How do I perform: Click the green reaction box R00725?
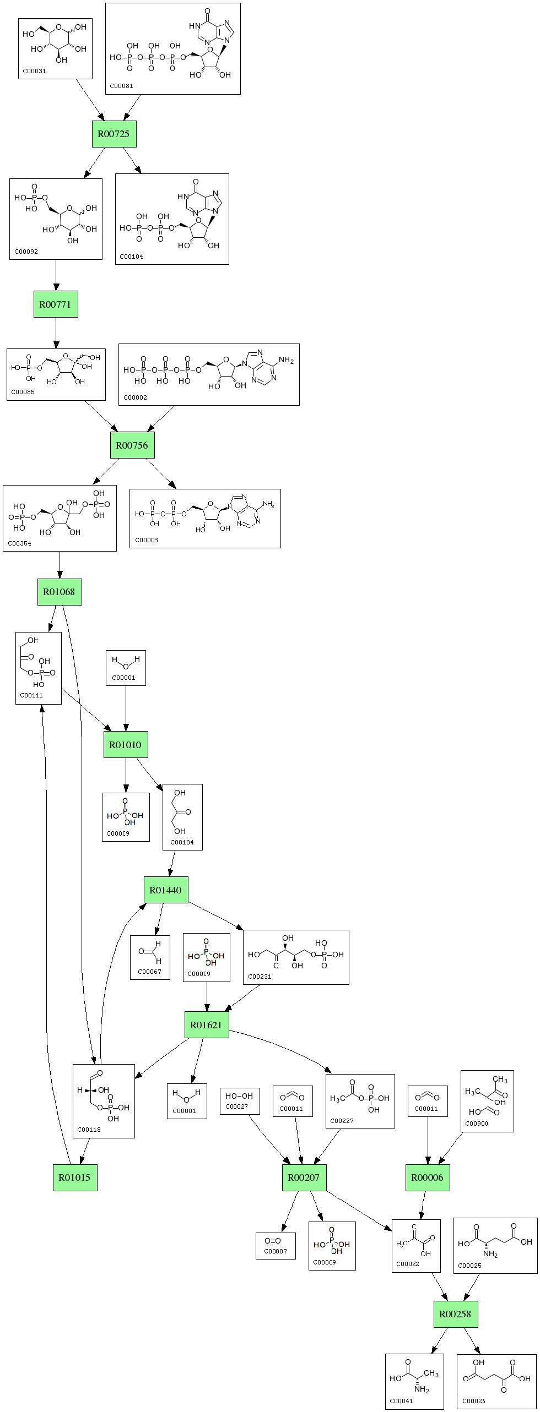(114, 134)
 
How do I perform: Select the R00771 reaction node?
(56, 304)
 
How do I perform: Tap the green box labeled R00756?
(132, 445)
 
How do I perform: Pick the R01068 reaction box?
(60, 592)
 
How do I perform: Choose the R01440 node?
(166, 890)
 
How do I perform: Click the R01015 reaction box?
(75, 1177)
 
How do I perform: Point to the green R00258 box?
(455, 1313)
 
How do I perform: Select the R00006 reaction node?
(428, 1177)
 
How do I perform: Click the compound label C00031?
(34, 71)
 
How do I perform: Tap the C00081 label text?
(121, 86)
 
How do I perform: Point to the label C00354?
(19, 543)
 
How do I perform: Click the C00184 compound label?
(182, 842)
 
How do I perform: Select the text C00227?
(342, 1120)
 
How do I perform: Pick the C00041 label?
(401, 1400)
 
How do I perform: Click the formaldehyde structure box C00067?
(150, 957)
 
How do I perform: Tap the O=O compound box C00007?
(276, 1246)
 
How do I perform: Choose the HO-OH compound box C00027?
(239, 1101)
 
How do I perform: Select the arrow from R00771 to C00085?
(56, 332)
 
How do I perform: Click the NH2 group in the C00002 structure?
(286, 361)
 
